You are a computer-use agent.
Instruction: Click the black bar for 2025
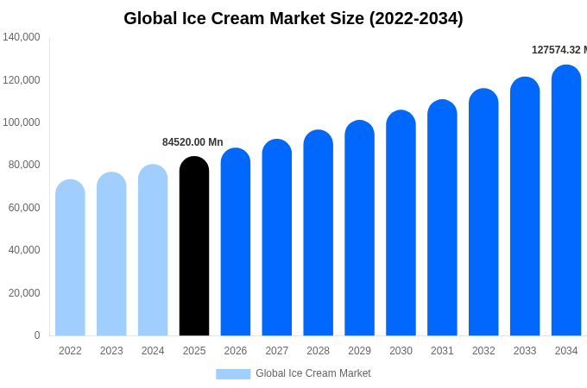[194, 247]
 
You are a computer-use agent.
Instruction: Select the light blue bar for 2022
[70, 258]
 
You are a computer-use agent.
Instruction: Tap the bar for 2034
[566, 201]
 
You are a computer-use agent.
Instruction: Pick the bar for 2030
[401, 223]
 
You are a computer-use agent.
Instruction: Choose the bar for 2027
[277, 238]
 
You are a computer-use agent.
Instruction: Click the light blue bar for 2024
[153, 250]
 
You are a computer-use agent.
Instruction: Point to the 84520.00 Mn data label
[193, 142]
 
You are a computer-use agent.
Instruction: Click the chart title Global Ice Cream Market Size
[293, 18]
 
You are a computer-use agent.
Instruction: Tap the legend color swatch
[233, 374]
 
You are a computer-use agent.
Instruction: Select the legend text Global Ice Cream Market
[313, 373]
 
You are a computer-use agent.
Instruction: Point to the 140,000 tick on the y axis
[22, 37]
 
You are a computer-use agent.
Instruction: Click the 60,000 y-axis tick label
[24, 208]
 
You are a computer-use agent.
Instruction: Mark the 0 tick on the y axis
[37, 335]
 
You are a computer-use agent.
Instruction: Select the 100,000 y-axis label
[22, 122]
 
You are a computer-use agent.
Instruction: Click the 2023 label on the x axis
[111, 351]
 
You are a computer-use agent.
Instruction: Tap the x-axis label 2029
[359, 351]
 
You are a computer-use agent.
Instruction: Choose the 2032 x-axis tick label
[483, 351]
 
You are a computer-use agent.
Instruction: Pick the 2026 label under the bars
[236, 351]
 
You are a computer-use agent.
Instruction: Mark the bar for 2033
[525, 207]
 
